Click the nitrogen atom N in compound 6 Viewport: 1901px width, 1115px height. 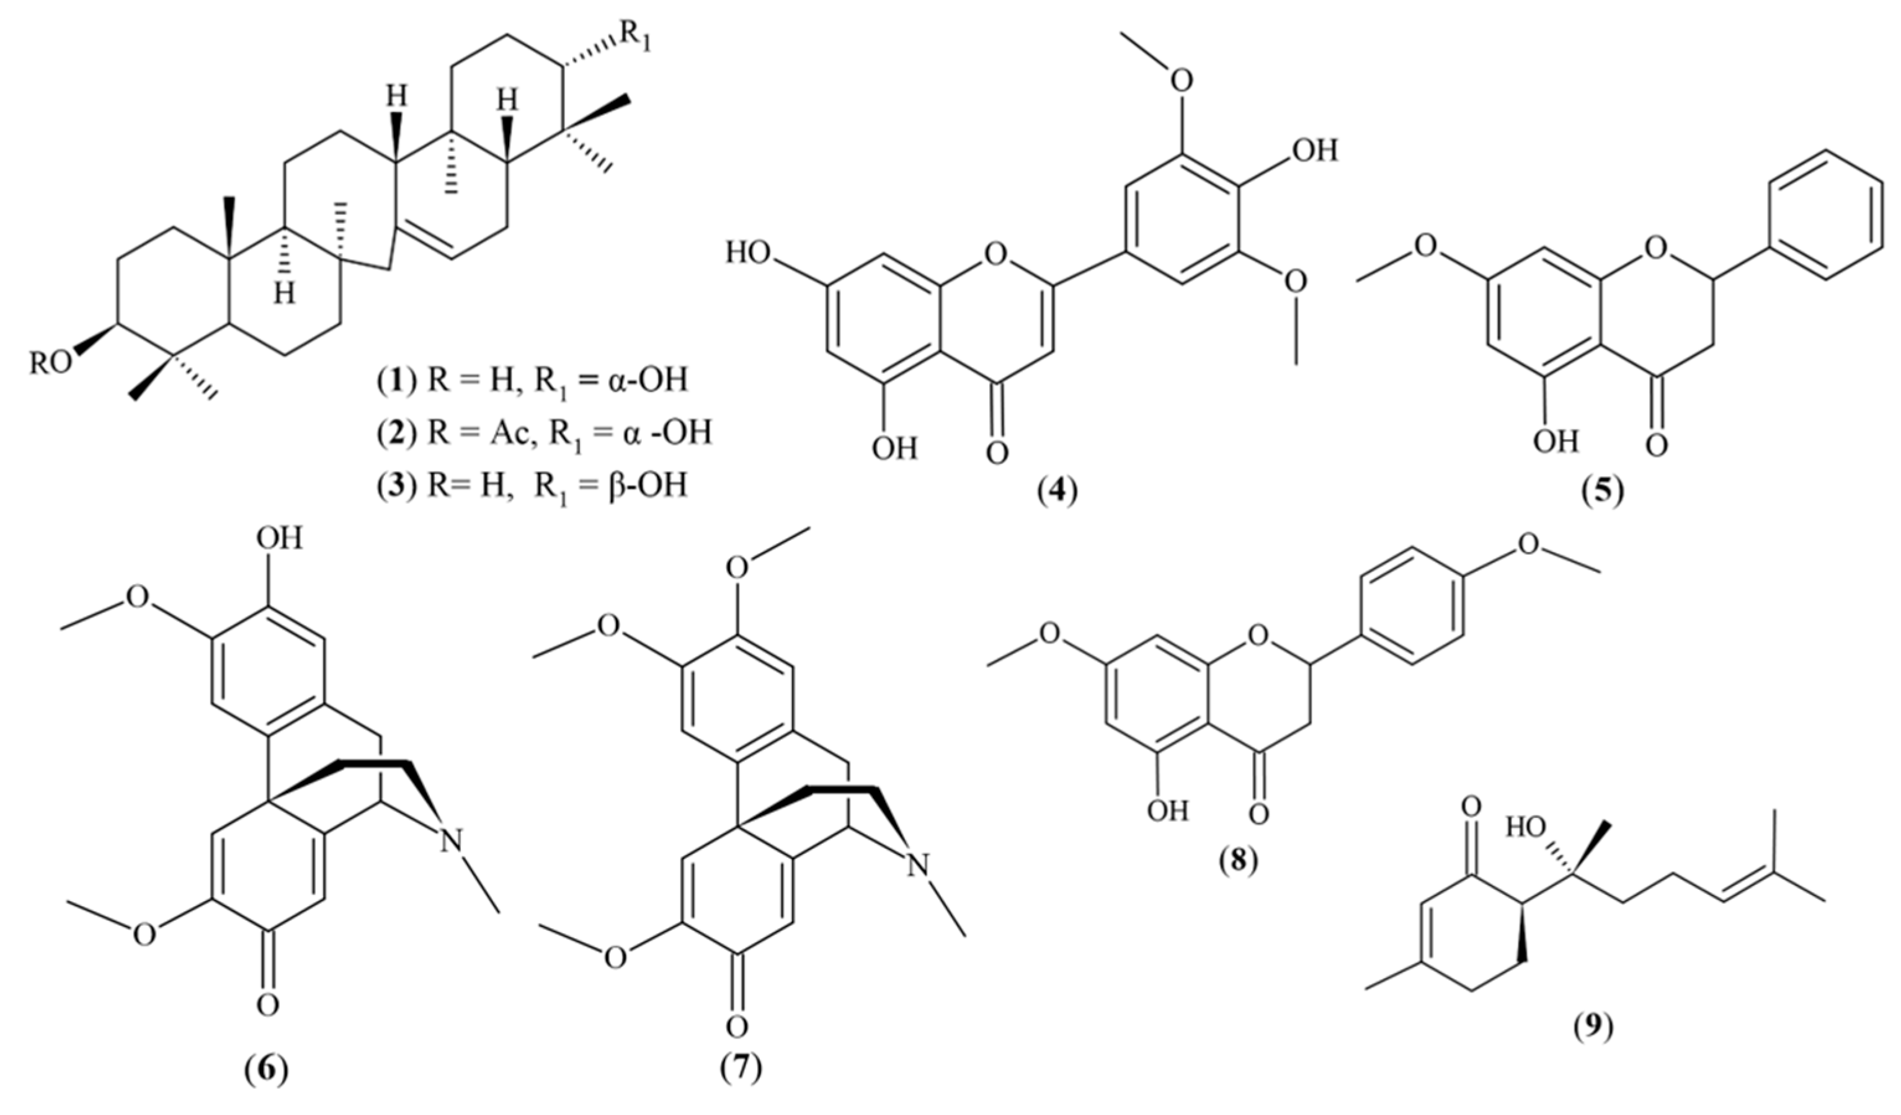click(450, 840)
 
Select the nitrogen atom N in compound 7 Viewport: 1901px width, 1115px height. click(917, 864)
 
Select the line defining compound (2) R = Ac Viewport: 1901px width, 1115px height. click(544, 433)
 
